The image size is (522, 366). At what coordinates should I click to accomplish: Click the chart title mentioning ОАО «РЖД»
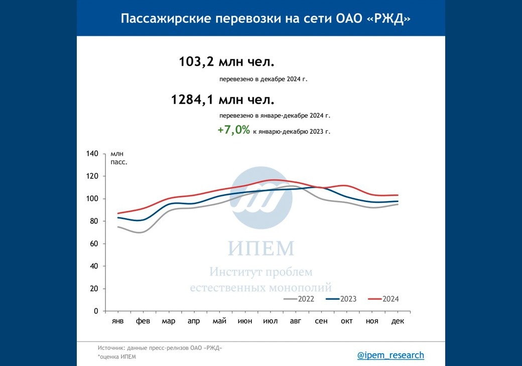pyautogui.click(x=266, y=19)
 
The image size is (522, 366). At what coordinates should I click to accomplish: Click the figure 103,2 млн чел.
pyautogui.click(x=227, y=62)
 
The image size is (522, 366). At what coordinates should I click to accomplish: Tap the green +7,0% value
pyautogui.click(x=233, y=130)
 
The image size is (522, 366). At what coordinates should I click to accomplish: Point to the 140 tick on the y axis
pyautogui.click(x=92, y=153)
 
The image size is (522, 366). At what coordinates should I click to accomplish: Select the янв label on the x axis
pyautogui.click(x=117, y=321)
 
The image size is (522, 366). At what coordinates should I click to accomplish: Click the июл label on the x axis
pyautogui.click(x=271, y=321)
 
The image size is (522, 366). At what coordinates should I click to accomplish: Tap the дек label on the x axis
pyautogui.click(x=398, y=321)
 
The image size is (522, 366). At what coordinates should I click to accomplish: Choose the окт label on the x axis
pyautogui.click(x=347, y=321)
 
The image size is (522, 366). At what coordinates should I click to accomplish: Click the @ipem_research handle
pyautogui.click(x=390, y=355)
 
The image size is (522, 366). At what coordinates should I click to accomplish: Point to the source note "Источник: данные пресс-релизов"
pyautogui.click(x=160, y=347)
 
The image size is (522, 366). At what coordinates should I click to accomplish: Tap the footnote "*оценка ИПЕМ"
pyautogui.click(x=116, y=357)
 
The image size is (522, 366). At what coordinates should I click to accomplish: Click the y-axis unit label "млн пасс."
pyautogui.click(x=118, y=157)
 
